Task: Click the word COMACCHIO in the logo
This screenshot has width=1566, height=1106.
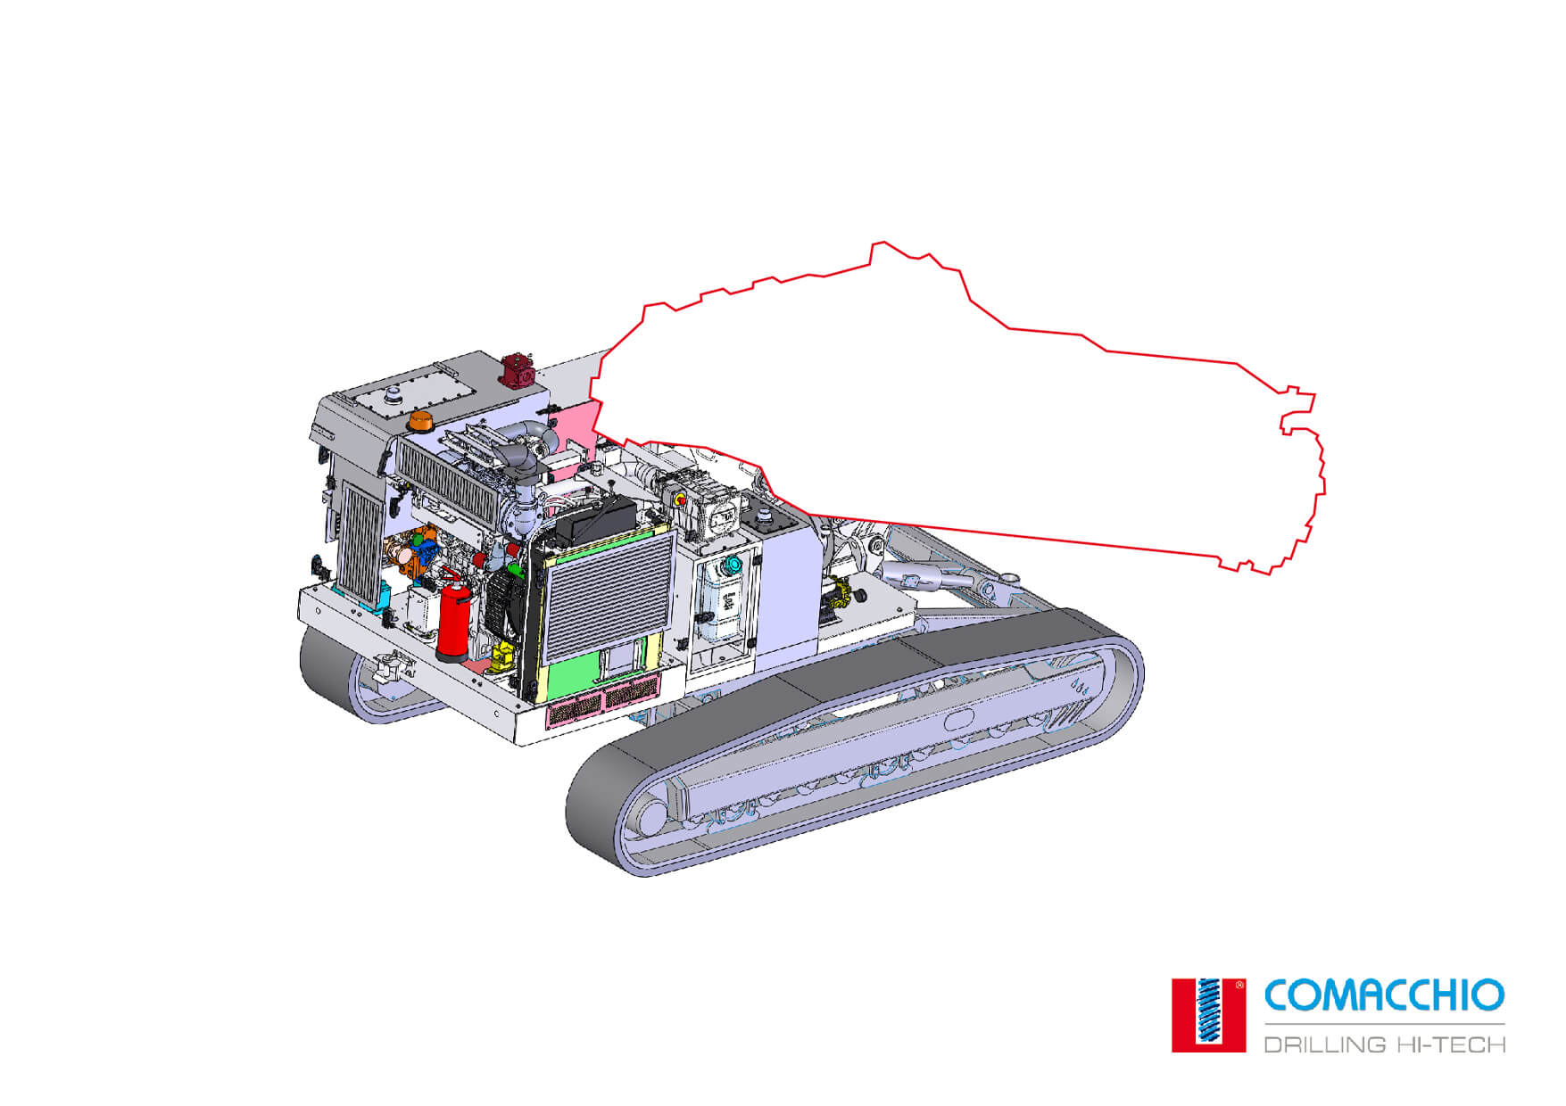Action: tap(1384, 995)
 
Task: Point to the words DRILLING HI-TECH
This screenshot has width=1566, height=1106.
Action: tap(1385, 1044)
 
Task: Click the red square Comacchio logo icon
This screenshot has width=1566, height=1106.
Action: tap(1208, 1015)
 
